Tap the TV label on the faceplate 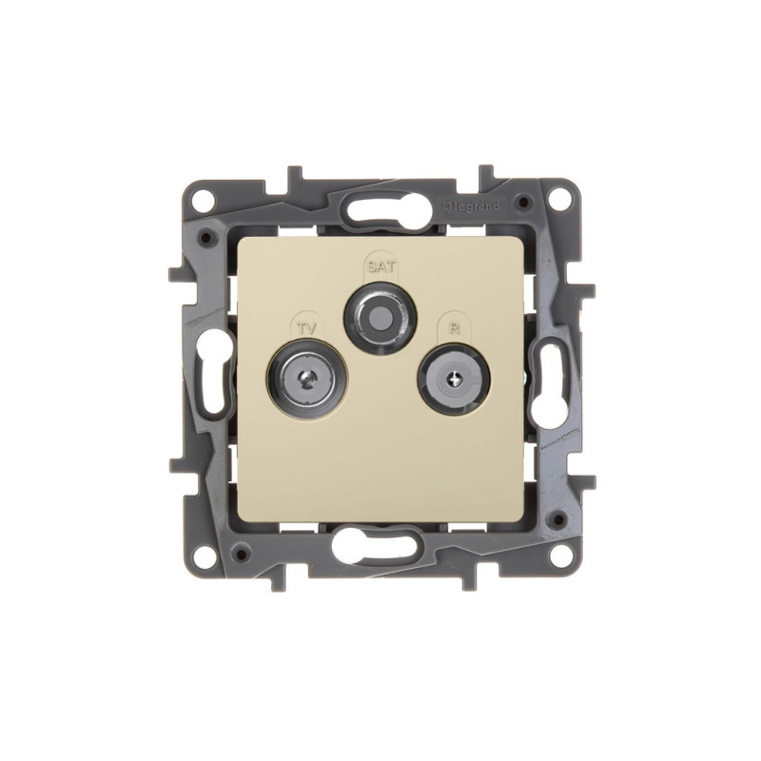point(306,328)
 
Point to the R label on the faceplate point(455,328)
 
